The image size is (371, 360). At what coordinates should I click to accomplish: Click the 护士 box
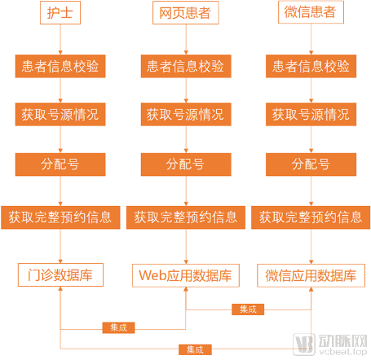tap(60, 12)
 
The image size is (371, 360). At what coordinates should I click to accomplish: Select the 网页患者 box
tap(186, 12)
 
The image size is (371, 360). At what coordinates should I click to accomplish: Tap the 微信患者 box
tap(311, 12)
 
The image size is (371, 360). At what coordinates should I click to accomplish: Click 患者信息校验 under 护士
tap(60, 66)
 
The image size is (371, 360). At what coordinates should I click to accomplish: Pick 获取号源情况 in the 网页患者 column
tap(186, 114)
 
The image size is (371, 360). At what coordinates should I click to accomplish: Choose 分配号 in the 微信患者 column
tap(311, 165)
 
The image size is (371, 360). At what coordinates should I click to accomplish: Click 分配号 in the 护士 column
tap(60, 165)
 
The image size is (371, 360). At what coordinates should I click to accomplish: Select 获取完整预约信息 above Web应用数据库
tap(186, 217)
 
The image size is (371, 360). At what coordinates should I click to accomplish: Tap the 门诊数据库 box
tap(60, 274)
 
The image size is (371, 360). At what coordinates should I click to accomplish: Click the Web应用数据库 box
tap(186, 275)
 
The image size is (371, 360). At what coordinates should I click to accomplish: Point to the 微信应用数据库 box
tap(311, 275)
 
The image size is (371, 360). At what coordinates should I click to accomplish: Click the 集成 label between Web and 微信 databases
tap(248, 310)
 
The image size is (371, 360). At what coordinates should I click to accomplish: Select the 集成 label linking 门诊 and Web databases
tap(118, 327)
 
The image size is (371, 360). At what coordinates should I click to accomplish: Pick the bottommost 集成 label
tap(195, 349)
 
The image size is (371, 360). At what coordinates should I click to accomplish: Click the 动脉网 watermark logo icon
tap(304, 345)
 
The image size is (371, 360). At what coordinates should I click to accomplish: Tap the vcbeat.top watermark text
tap(343, 352)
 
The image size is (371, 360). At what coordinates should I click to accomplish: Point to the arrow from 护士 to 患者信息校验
tap(60, 39)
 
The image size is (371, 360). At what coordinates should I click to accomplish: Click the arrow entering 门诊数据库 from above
tap(60, 246)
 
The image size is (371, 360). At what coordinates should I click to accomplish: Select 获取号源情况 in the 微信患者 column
tap(311, 114)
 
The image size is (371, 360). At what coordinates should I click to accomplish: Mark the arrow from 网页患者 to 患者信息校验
tap(186, 39)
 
